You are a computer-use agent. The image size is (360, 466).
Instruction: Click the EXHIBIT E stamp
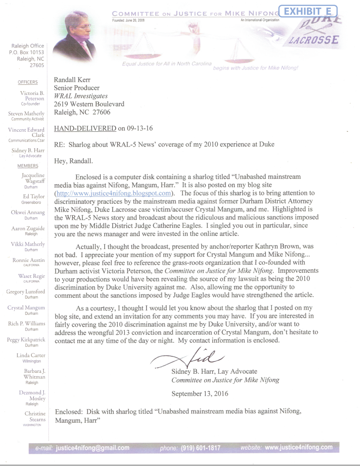point(308,11)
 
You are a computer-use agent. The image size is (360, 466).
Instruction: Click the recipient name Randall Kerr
point(72,80)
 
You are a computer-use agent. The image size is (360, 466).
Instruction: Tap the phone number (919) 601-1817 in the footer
point(200,448)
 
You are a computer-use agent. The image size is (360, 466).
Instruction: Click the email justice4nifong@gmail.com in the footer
point(93,448)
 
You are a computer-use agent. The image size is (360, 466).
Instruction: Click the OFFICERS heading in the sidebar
point(28,82)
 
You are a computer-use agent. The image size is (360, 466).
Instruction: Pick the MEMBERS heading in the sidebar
point(28,166)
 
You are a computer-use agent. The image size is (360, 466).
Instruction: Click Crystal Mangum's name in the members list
point(26,308)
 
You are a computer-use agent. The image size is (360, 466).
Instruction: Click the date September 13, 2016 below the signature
point(199,394)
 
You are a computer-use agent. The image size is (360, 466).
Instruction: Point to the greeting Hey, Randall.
point(73,161)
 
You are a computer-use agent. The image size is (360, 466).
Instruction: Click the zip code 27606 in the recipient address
point(101,112)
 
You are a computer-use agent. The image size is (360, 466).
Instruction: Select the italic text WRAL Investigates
point(81,96)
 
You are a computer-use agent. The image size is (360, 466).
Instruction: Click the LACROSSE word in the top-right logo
point(314,40)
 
